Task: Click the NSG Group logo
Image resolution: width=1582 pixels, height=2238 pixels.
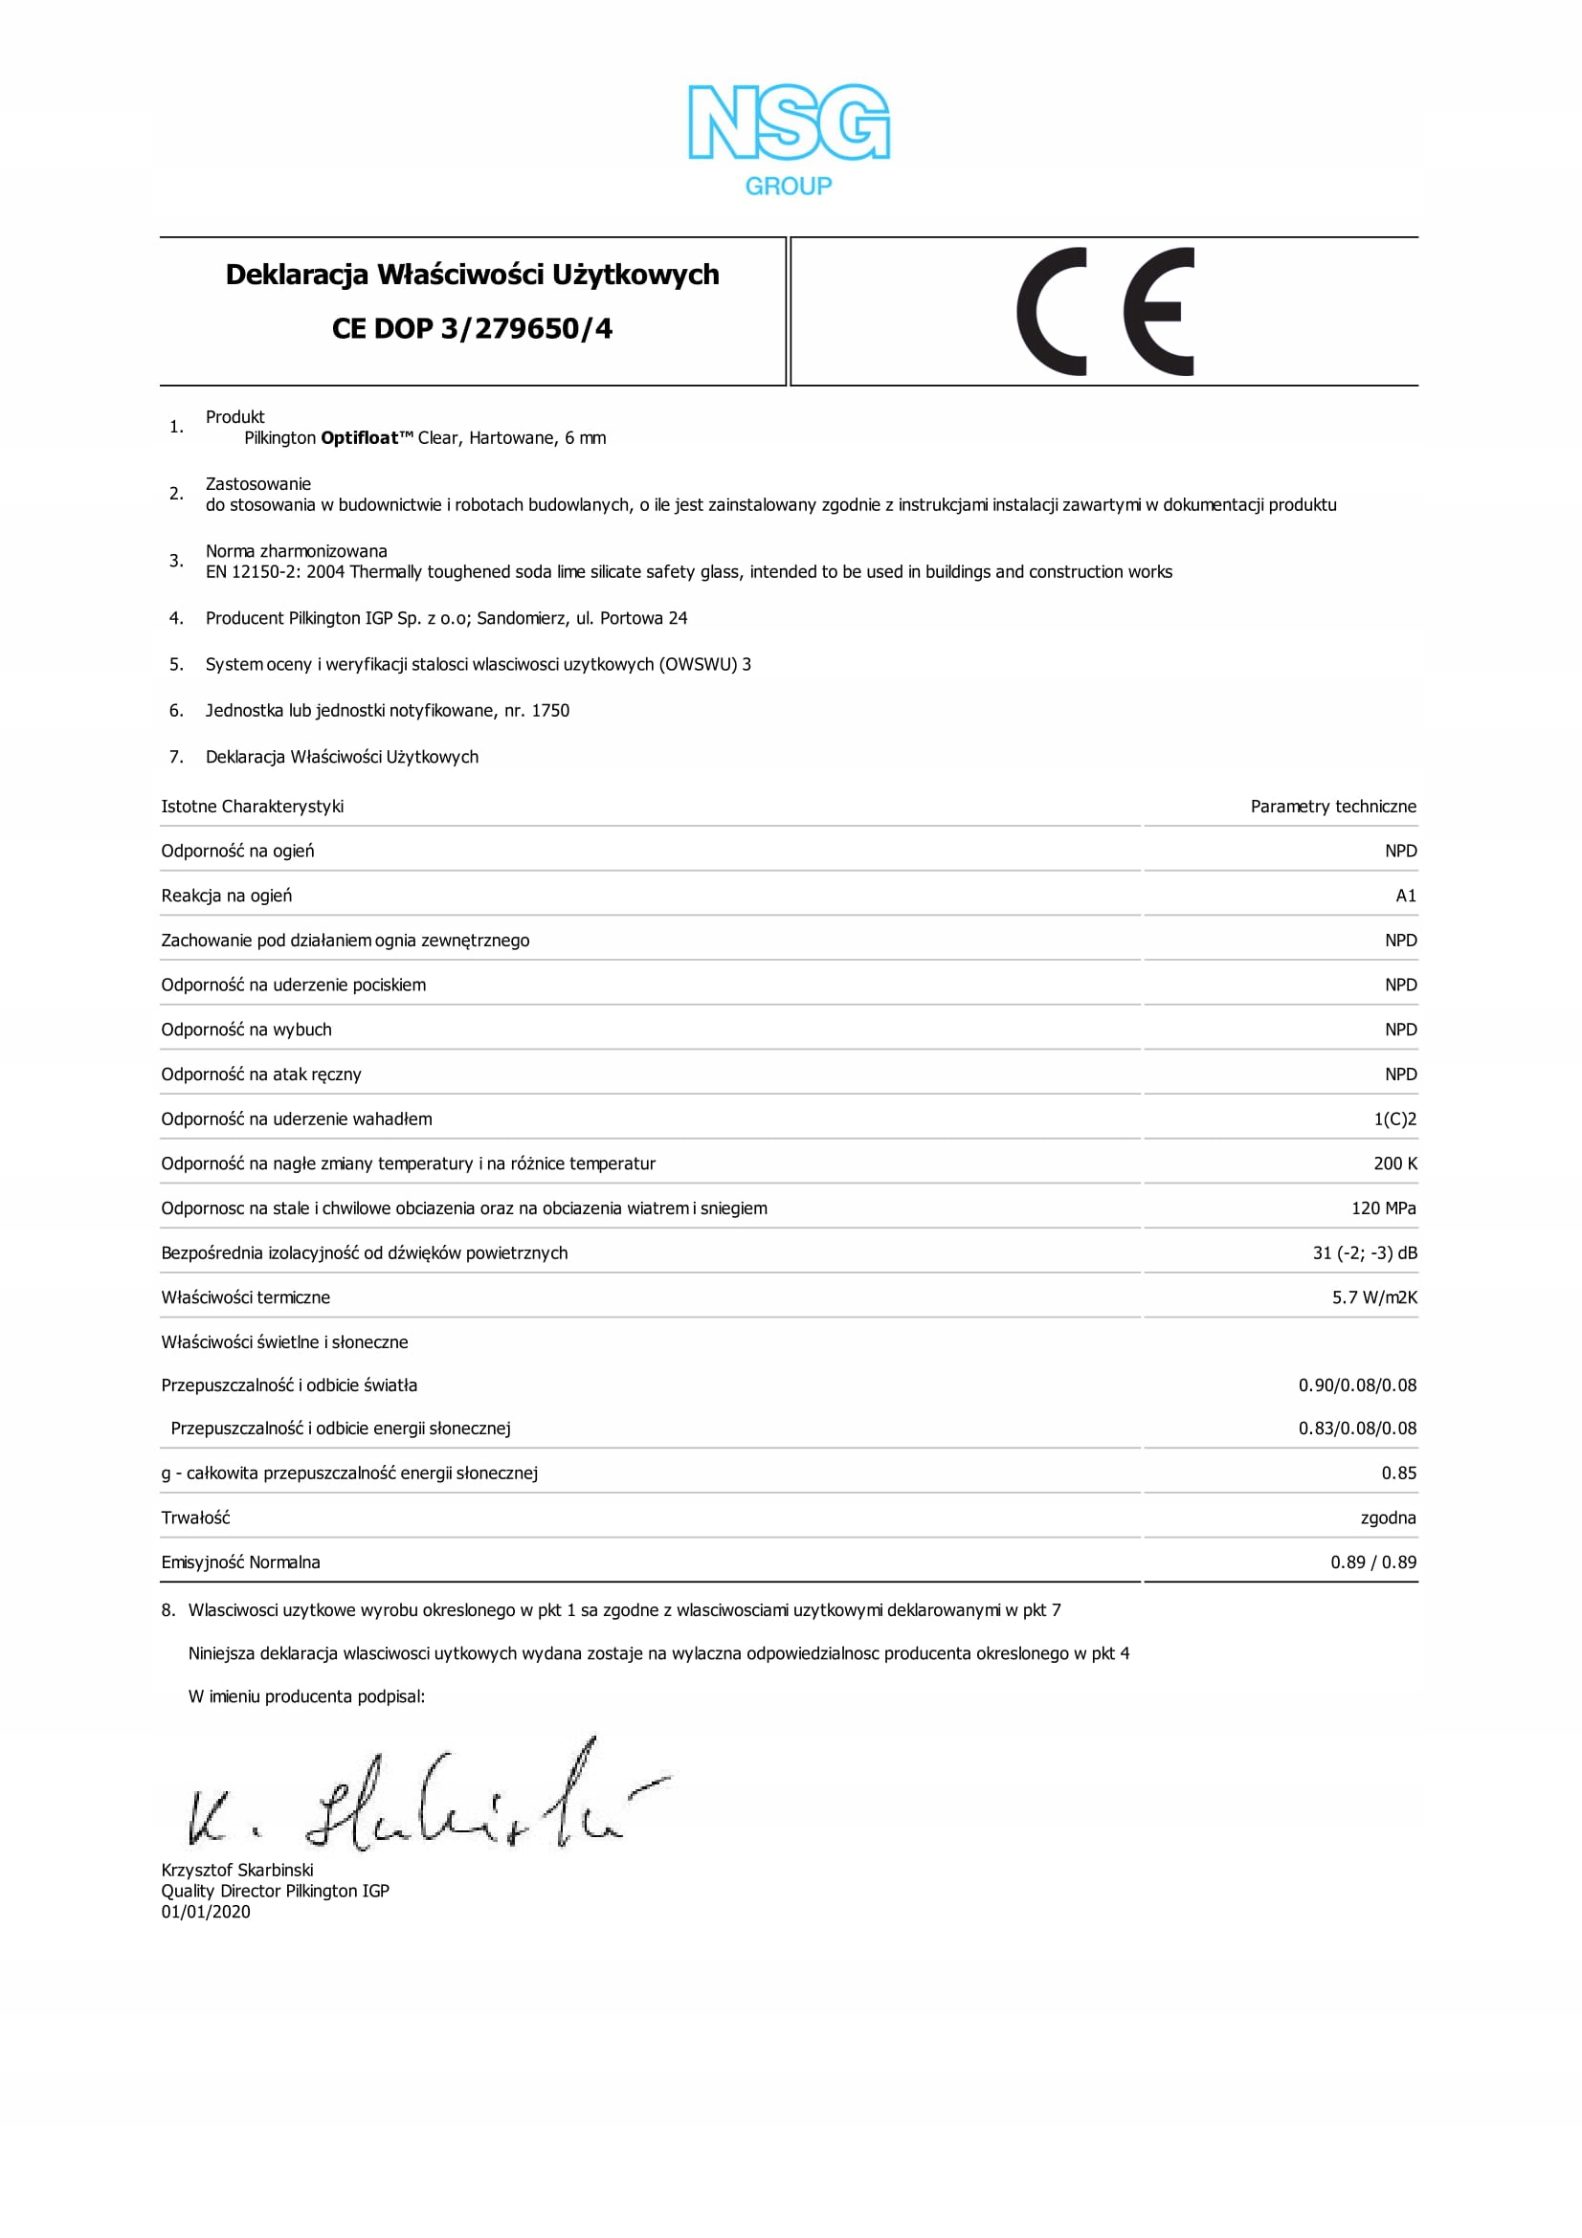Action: pyautogui.click(x=789, y=139)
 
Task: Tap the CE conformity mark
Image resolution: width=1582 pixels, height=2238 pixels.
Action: pyautogui.click(x=1104, y=312)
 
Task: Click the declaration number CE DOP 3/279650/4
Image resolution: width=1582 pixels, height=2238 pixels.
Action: pyautogui.click(x=472, y=329)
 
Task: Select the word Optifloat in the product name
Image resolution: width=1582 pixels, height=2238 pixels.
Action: pyautogui.click(x=360, y=438)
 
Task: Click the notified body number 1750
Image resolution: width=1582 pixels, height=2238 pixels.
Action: pyautogui.click(x=549, y=711)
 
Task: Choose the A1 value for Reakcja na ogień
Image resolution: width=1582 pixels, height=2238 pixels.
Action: pyautogui.click(x=1405, y=896)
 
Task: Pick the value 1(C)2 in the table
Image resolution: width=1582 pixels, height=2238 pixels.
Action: pyautogui.click(x=1393, y=1119)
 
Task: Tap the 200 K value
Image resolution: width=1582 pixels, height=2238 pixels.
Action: pyautogui.click(x=1394, y=1163)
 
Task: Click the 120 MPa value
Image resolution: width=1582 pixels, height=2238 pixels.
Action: pyautogui.click(x=1383, y=1208)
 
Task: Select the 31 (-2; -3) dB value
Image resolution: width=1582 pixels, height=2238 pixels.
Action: pyautogui.click(x=1364, y=1253)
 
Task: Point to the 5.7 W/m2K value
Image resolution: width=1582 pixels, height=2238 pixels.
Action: pyautogui.click(x=1373, y=1298)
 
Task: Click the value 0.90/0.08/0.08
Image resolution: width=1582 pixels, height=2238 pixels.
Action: pyautogui.click(x=1357, y=1386)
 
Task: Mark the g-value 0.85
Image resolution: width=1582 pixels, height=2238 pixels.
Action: pyautogui.click(x=1398, y=1474)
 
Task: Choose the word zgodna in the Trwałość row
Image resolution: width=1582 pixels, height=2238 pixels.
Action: pyautogui.click(x=1387, y=1518)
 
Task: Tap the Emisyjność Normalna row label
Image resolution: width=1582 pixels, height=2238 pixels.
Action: pyautogui.click(x=241, y=1562)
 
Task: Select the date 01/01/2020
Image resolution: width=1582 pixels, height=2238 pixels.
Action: pyautogui.click(x=206, y=1913)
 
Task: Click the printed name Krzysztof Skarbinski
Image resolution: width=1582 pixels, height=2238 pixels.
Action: pyautogui.click(x=236, y=1871)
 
